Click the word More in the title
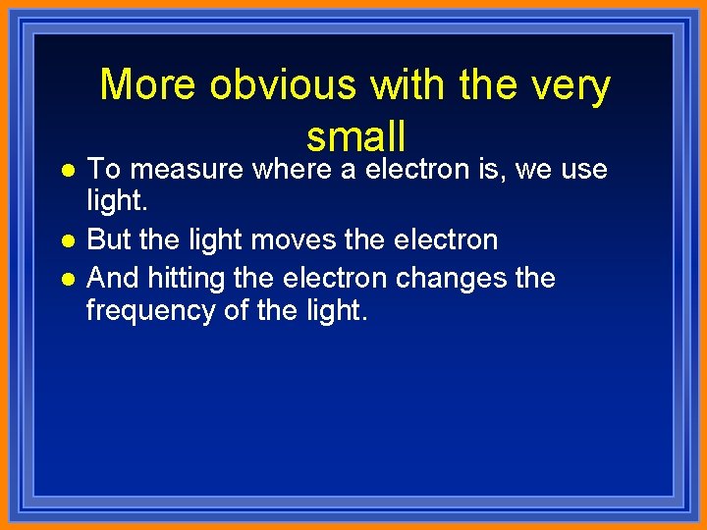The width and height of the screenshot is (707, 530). [148, 86]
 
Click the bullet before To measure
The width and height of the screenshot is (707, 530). [66, 171]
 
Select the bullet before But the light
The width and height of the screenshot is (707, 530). [66, 240]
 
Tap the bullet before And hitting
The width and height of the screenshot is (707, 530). [66, 279]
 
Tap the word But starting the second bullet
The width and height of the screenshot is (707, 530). [109, 239]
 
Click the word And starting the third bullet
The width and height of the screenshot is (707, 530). [113, 278]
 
